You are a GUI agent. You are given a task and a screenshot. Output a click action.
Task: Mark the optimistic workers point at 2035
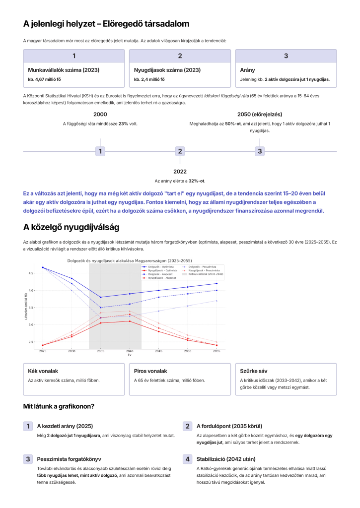tap(101, 297)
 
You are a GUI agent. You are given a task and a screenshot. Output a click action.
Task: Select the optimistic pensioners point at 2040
tap(130, 321)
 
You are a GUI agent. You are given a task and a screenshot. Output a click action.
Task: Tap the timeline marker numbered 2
tap(180, 151)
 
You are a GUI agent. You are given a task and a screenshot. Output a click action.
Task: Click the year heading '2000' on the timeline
tap(100, 114)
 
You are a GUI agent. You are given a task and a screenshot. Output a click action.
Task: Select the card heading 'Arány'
tap(247, 70)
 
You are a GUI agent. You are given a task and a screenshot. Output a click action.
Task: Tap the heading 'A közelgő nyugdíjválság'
tap(71, 228)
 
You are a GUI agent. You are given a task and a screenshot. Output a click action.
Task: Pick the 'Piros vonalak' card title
tap(150, 371)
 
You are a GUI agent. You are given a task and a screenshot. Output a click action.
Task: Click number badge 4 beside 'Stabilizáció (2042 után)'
tap(188, 459)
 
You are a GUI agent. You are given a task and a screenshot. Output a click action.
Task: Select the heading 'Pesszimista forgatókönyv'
tap(70, 459)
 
